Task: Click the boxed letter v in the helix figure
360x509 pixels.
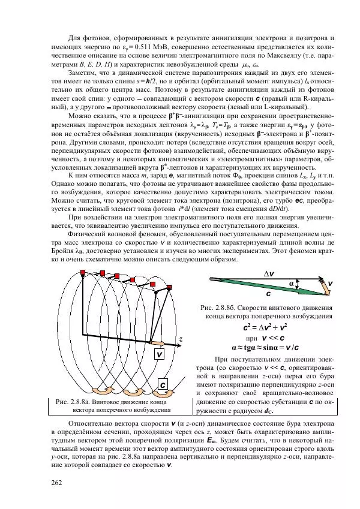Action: pos(160,354)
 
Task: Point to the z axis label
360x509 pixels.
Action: pos(181,339)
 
